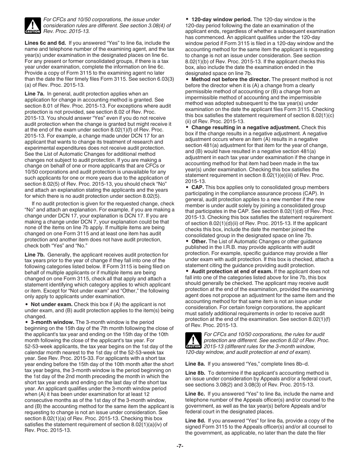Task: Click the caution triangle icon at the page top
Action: pos(32,25)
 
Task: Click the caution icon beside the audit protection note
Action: pos(193,341)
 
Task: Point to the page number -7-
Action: pos(180,446)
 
